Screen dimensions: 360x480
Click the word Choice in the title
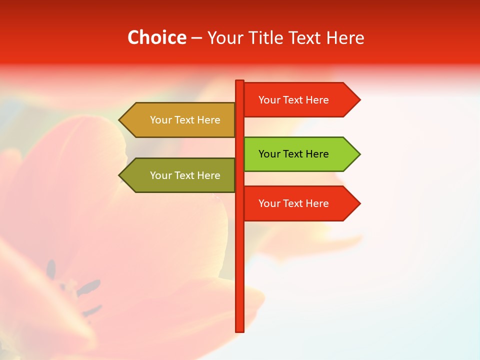[156, 37]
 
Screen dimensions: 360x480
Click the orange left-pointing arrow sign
[180, 120]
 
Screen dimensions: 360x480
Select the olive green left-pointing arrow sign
[180, 175]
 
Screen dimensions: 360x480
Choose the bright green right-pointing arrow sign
[300, 154]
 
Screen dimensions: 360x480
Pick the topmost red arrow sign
[300, 100]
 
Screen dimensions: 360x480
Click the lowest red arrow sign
[300, 203]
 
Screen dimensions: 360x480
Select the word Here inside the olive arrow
[208, 175]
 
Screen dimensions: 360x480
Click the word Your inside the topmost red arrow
[269, 100]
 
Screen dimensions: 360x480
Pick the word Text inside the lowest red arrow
[292, 203]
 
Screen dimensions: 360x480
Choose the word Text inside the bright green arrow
[292, 154]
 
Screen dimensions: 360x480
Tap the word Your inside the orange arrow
[160, 120]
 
